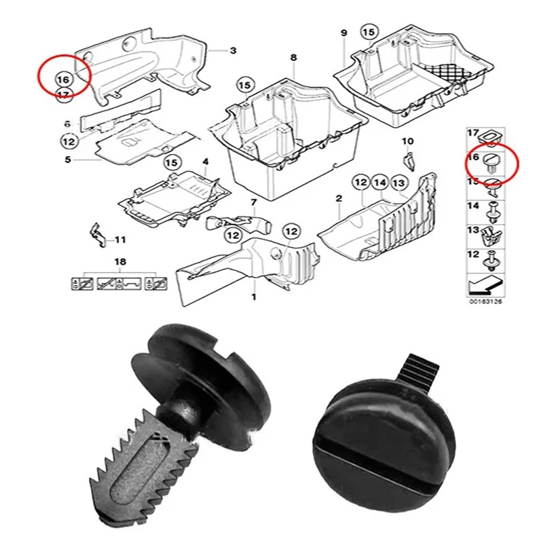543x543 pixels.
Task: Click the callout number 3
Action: [x=233, y=50]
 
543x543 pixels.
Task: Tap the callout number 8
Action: [x=293, y=58]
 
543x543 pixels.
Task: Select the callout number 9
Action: [x=343, y=33]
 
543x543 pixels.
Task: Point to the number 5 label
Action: [x=68, y=160]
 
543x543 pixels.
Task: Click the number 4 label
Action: [x=206, y=162]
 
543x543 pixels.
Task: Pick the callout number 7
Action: [x=253, y=202]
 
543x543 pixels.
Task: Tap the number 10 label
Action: [x=407, y=141]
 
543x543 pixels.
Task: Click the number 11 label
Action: [x=120, y=240]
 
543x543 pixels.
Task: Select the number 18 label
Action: [x=120, y=262]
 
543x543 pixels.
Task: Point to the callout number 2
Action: [x=339, y=198]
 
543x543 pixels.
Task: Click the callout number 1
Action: [x=255, y=297]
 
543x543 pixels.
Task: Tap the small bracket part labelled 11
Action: [x=98, y=233]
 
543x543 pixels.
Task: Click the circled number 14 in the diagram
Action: [x=379, y=183]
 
